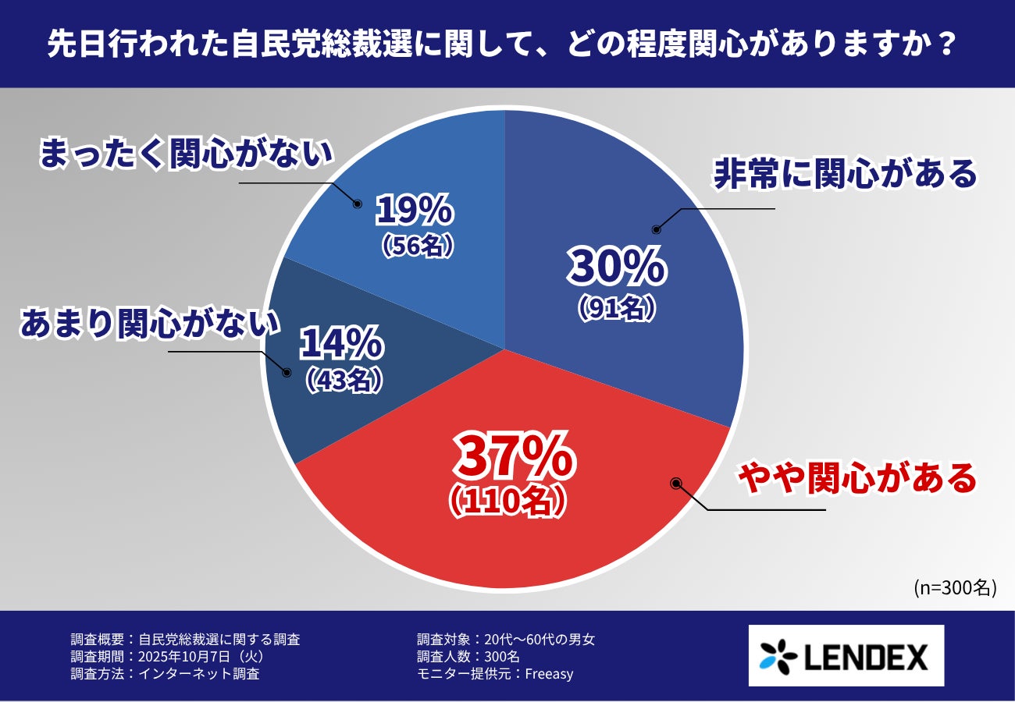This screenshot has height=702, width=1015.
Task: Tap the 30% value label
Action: click(617, 267)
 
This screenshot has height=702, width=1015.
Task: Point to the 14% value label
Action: click(341, 343)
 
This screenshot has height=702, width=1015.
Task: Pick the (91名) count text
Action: click(616, 309)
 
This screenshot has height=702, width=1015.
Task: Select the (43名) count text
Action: click(344, 380)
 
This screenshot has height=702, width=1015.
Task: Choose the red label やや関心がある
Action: click(857, 478)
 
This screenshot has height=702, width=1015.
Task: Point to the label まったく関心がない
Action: click(187, 154)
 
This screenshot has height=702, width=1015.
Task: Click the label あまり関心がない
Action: click(149, 324)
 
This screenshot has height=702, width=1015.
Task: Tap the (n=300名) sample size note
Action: click(954, 587)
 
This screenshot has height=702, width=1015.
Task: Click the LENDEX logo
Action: click(846, 655)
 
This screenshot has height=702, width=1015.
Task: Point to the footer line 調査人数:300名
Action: click(468, 657)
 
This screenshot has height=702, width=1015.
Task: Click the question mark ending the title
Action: click(945, 44)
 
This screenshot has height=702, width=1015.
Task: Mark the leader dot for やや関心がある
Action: click(676, 484)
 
